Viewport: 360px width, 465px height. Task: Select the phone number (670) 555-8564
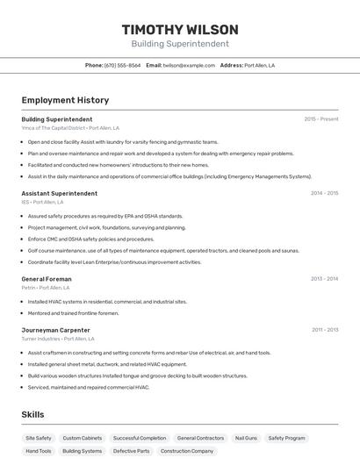(x=122, y=66)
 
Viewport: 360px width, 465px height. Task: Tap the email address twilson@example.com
(x=189, y=66)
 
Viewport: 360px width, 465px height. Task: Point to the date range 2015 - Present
(x=321, y=119)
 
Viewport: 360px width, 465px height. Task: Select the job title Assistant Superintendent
(x=59, y=193)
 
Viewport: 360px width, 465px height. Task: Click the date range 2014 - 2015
(x=324, y=193)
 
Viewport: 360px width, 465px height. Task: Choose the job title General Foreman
(x=47, y=279)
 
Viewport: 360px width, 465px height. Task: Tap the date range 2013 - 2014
(x=324, y=279)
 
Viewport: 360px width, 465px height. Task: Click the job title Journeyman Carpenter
(x=55, y=330)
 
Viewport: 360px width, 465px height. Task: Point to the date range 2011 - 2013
(x=324, y=330)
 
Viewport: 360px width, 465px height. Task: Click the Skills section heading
(x=32, y=414)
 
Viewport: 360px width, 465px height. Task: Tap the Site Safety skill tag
(x=39, y=438)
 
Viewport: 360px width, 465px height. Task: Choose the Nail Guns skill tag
(x=246, y=438)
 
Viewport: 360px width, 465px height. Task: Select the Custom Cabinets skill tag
(x=83, y=438)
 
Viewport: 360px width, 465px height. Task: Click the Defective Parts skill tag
(x=131, y=451)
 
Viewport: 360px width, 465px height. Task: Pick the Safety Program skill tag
(x=287, y=438)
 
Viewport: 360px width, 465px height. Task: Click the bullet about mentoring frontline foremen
(x=73, y=313)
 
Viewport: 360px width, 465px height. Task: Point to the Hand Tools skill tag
(x=39, y=451)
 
